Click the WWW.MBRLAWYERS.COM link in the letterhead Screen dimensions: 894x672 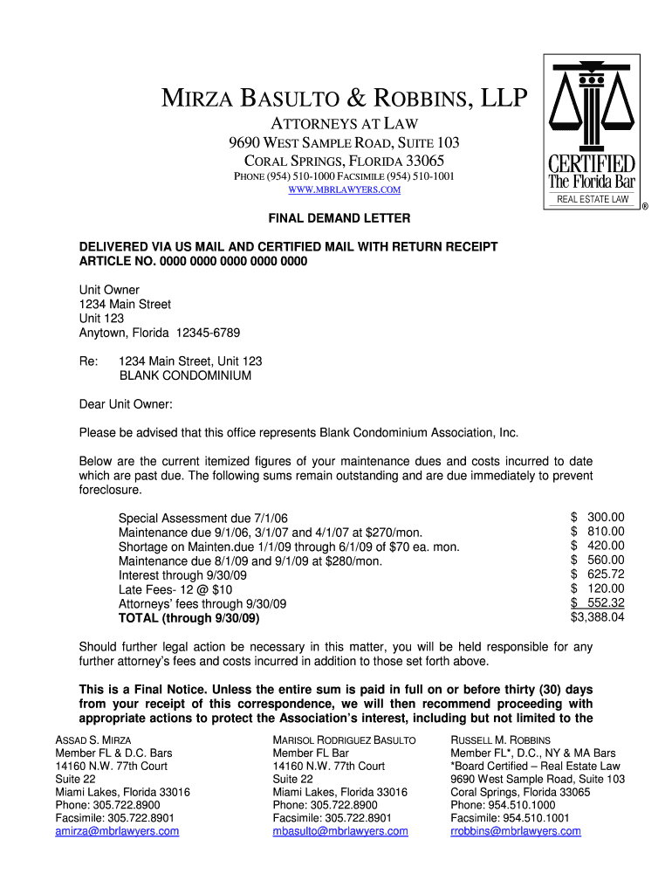coord(345,190)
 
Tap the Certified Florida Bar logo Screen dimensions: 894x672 coord(591,131)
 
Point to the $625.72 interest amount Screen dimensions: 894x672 coord(598,574)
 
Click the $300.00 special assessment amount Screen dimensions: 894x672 coord(598,517)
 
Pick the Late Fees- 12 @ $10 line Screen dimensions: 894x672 coord(175,589)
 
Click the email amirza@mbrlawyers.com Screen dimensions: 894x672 coord(117,831)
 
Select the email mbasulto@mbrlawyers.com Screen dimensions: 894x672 coord(340,831)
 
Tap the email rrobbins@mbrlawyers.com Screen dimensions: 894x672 coord(516,831)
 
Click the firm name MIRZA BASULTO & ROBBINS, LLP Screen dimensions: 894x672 coord(345,100)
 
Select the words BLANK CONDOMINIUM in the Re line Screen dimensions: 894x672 coord(185,375)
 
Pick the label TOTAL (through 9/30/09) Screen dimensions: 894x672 coord(189,618)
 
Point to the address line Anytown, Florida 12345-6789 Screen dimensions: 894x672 coord(160,333)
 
